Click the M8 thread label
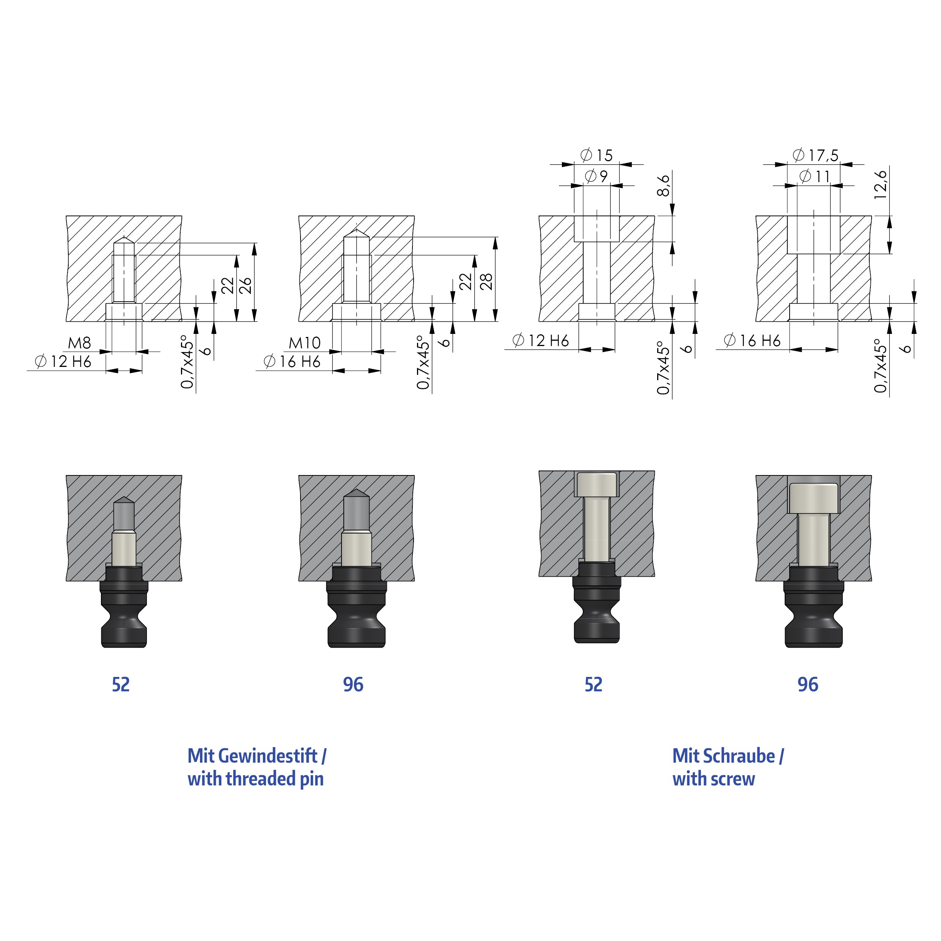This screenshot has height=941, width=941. click(x=79, y=343)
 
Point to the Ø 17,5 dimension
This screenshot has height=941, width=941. click(x=816, y=155)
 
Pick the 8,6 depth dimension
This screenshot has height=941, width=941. click(x=663, y=186)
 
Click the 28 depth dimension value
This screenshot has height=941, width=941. click(x=486, y=282)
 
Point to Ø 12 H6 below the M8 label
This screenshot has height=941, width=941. click(x=63, y=361)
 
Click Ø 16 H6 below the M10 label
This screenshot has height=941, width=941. click(x=292, y=361)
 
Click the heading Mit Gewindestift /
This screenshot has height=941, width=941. click(x=256, y=756)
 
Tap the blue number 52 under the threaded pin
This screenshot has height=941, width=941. click(x=121, y=685)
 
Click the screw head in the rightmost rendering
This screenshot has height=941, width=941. click(x=814, y=498)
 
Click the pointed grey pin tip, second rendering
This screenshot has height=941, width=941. click(x=356, y=493)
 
